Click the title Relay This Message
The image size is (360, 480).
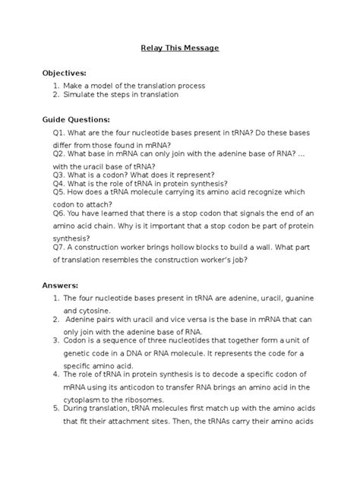coord(180,48)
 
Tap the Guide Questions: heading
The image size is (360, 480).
coord(76,119)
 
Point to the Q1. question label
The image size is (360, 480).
coord(59,133)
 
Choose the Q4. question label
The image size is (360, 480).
coord(59,184)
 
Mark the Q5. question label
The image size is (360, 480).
coord(59,193)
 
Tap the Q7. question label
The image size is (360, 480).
coord(59,247)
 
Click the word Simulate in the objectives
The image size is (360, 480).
coord(81,95)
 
